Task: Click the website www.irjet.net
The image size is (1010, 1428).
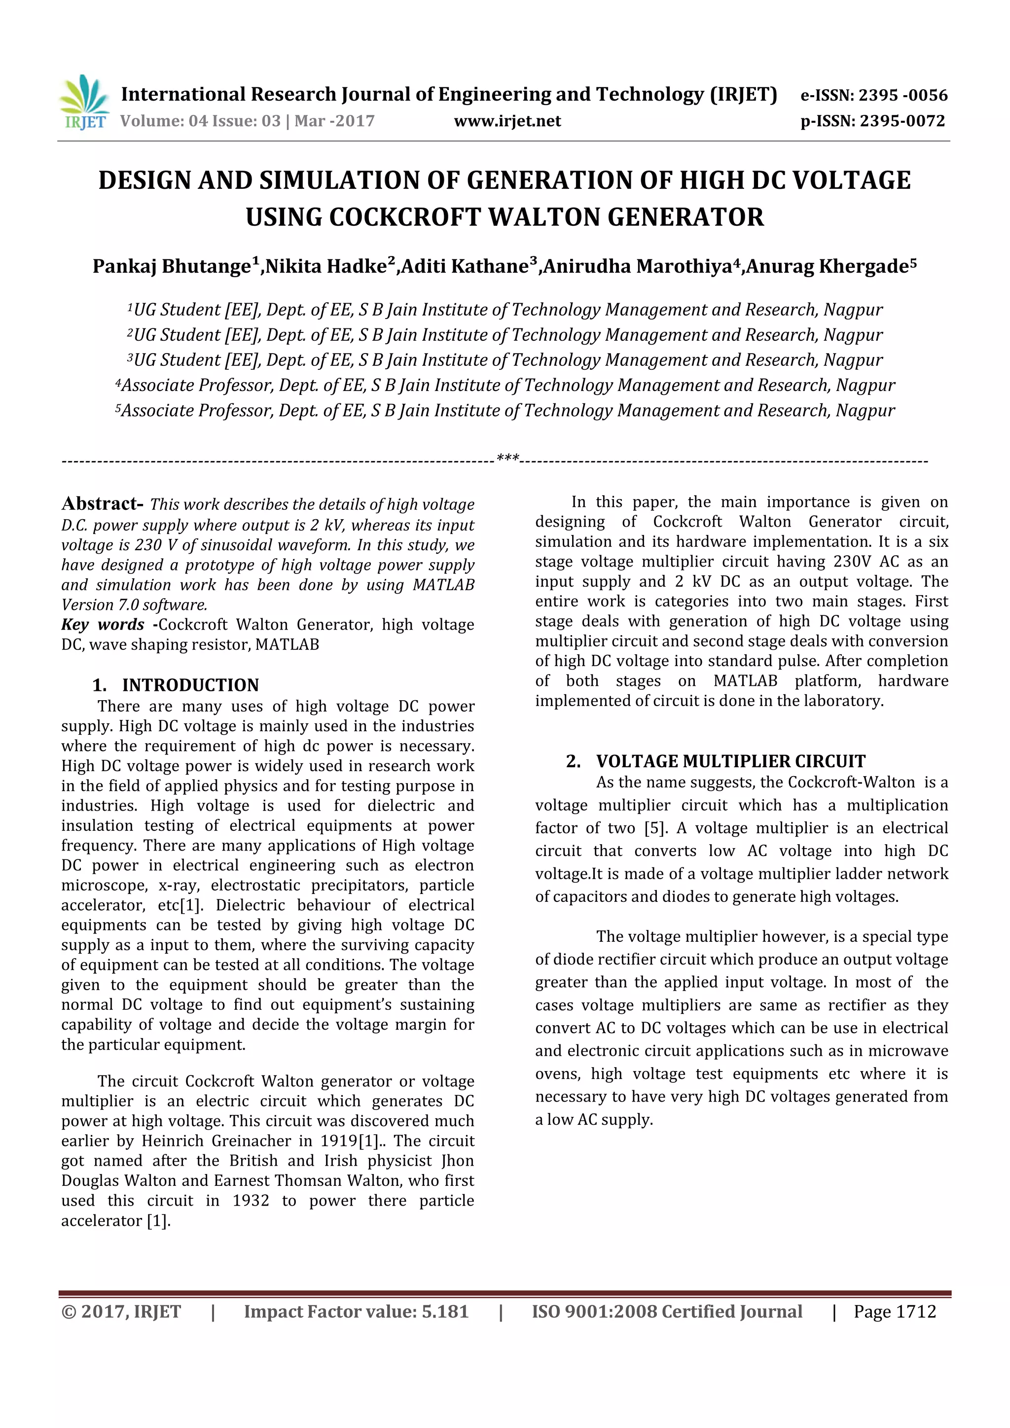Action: click(x=507, y=121)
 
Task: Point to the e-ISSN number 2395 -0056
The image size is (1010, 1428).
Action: click(x=903, y=95)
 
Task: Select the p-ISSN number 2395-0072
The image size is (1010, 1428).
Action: click(x=902, y=121)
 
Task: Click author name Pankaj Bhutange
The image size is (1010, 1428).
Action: click(x=172, y=266)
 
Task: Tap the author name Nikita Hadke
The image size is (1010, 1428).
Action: click(x=326, y=266)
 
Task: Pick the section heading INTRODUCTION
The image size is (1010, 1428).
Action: click(x=190, y=685)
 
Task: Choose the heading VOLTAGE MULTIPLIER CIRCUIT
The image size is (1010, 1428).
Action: click(x=730, y=761)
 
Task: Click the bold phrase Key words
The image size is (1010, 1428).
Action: click(x=103, y=624)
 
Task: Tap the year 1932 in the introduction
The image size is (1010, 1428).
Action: click(x=251, y=1200)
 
